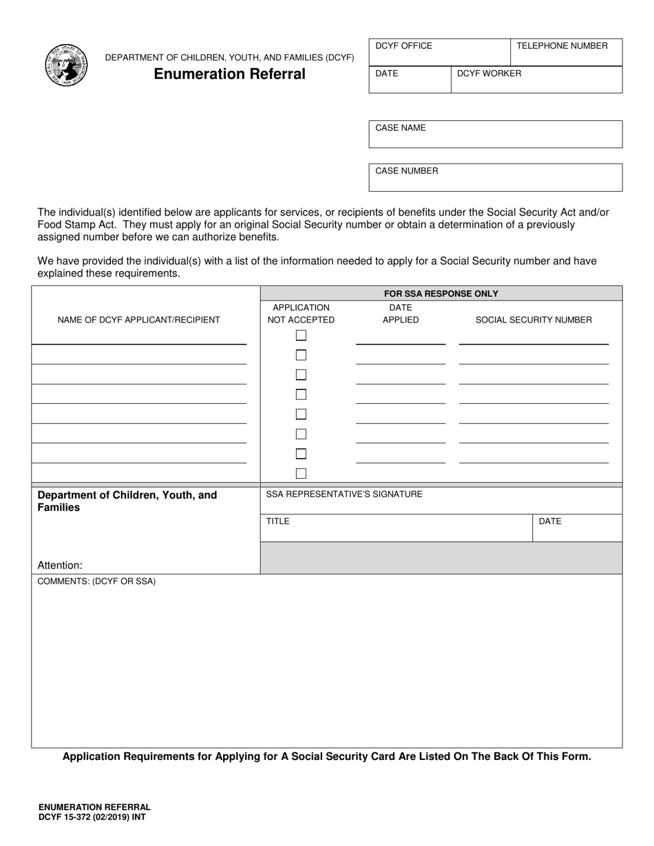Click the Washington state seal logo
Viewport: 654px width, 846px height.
(x=66, y=66)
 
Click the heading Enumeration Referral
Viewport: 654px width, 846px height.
(x=229, y=74)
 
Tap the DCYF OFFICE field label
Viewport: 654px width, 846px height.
(x=403, y=46)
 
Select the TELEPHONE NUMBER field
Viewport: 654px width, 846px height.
(x=566, y=52)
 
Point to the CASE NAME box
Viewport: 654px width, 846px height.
(x=495, y=134)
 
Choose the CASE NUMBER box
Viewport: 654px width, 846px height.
(x=495, y=177)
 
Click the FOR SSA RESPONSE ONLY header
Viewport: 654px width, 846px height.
(x=441, y=294)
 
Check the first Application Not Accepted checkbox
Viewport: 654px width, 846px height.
(x=301, y=336)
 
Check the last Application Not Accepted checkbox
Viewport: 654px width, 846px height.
(x=301, y=473)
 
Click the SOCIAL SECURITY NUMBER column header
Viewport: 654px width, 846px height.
(x=534, y=320)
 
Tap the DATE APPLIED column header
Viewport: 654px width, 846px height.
(x=400, y=314)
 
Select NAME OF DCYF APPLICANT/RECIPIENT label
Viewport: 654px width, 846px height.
(x=139, y=320)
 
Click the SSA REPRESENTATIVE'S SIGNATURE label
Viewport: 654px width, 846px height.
(x=344, y=494)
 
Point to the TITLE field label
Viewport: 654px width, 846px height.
(x=278, y=521)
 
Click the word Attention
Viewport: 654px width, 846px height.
(x=60, y=565)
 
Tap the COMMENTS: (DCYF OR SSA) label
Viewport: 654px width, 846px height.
(x=96, y=581)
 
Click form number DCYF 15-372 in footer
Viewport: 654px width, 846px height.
(x=92, y=817)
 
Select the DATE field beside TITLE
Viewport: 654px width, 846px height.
(x=577, y=528)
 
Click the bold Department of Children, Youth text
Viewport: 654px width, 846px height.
(x=127, y=495)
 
